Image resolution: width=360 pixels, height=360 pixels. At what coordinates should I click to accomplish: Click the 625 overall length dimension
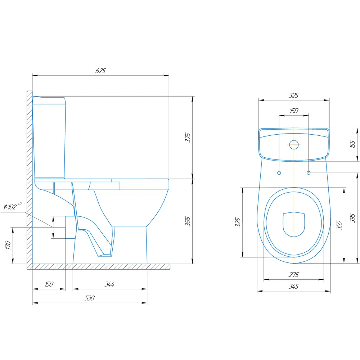click(x=100, y=71)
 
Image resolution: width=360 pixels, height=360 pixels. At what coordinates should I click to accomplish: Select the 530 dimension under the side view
click(x=90, y=298)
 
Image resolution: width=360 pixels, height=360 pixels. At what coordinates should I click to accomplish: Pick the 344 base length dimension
click(x=109, y=284)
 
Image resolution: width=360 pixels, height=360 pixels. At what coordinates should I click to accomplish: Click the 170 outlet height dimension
click(x=8, y=245)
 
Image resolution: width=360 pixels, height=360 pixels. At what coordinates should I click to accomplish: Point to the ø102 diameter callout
click(x=13, y=206)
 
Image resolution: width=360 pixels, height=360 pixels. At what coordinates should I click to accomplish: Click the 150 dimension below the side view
click(x=49, y=284)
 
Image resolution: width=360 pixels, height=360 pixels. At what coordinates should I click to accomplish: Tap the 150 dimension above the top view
click(x=294, y=111)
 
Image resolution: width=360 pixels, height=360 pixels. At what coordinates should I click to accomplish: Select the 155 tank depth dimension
click(x=353, y=144)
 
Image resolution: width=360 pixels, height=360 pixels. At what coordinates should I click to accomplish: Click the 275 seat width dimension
click(x=294, y=275)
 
